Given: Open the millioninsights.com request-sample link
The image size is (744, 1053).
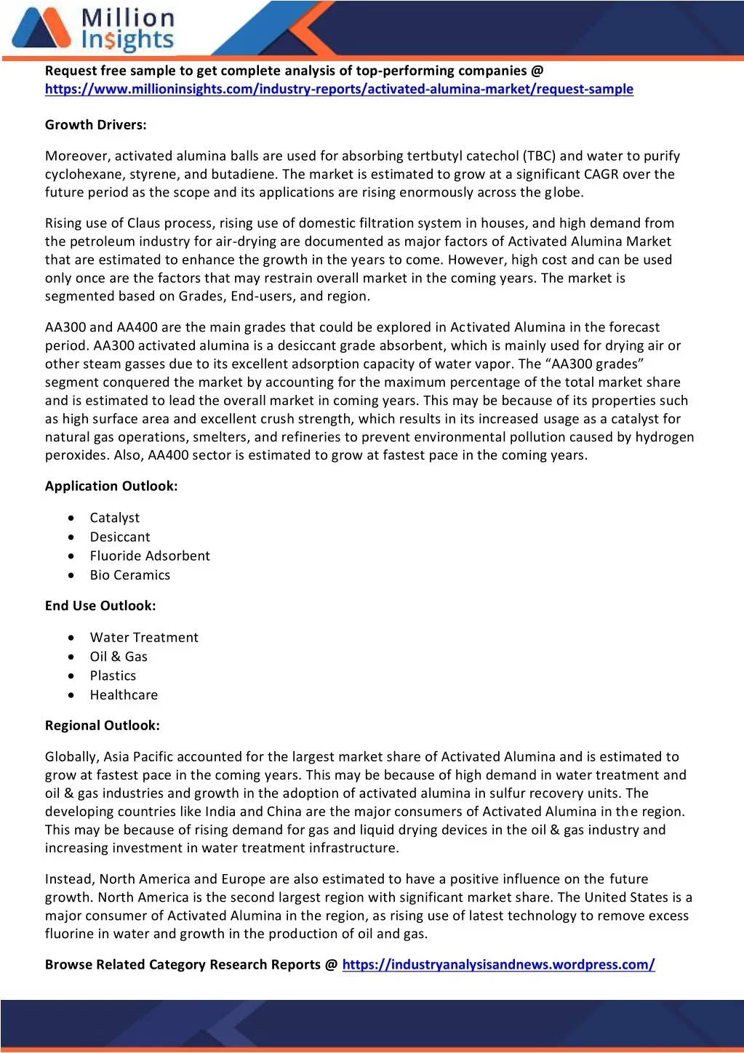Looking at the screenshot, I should pos(339,89).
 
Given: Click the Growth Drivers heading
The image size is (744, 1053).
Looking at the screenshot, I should pos(96,125).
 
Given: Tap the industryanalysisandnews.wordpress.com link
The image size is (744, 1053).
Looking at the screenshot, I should pos(498,965).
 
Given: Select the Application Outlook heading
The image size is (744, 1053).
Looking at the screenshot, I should pos(111,487).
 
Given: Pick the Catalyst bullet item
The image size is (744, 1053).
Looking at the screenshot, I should pos(115,518).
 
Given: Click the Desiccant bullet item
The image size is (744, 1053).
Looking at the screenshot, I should pos(120,537).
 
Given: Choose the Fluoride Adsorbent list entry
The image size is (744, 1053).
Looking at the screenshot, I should pos(150,556).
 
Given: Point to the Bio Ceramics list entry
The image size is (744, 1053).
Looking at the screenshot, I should pos(130,575).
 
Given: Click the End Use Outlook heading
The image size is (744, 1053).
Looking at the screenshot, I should pos(100,606).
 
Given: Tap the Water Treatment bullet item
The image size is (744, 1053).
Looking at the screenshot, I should pos(144,638).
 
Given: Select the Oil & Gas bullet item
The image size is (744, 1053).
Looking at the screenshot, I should pos(119,657).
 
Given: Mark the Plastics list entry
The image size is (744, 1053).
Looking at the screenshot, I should pos(113,676).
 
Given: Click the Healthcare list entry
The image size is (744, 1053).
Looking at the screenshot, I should pos(124,695).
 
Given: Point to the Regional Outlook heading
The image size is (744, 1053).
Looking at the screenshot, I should pos(103,726).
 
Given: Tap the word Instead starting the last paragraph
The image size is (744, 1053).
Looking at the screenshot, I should pos(69,879).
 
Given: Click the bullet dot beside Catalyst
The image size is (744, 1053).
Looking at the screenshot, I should pos(71,518).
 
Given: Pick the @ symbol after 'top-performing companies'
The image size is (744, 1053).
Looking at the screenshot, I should pos(537,71).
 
